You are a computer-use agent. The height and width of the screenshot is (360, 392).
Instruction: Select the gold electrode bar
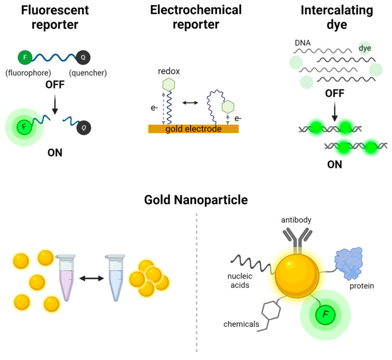193,129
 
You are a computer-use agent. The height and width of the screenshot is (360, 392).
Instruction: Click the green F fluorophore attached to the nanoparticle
324,314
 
